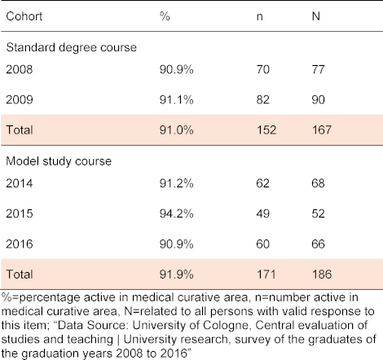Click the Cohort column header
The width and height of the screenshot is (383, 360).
[24, 16]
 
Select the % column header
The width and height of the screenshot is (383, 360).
[165, 16]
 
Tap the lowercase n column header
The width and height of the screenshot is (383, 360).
[259, 17]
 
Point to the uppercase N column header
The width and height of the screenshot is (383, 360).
[315, 16]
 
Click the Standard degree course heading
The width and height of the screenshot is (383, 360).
[71, 47]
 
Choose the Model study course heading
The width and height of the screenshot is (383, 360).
[59, 161]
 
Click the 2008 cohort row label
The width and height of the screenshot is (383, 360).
[20, 69]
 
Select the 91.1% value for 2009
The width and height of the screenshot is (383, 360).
[177, 99]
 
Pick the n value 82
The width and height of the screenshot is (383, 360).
[263, 99]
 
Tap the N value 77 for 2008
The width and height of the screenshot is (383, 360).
[318, 69]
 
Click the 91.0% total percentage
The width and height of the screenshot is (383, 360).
[177, 130]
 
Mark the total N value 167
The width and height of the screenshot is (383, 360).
[322, 130]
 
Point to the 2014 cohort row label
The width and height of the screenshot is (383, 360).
[20, 183]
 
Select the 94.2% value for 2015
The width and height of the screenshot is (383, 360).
[177, 213]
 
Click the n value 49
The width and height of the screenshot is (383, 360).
[263, 213]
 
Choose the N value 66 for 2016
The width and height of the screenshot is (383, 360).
[318, 244]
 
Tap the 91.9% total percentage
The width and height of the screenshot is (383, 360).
[177, 274]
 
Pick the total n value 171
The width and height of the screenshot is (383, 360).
[266, 274]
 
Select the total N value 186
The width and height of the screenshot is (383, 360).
[322, 274]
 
